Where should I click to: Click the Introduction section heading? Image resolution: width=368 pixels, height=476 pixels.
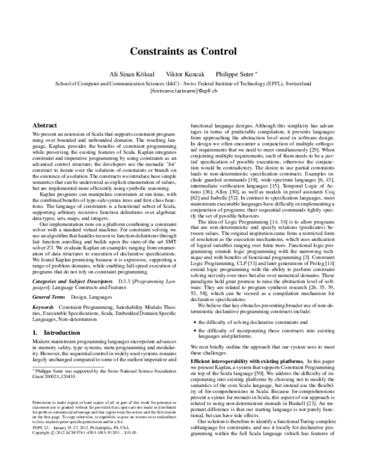pyautogui.click(x=55, y=332)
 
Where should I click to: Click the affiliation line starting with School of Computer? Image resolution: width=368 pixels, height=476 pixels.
pyautogui.click(x=183, y=82)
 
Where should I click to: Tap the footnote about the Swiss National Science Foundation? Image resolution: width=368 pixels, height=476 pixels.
pyautogui.click(x=104, y=374)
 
